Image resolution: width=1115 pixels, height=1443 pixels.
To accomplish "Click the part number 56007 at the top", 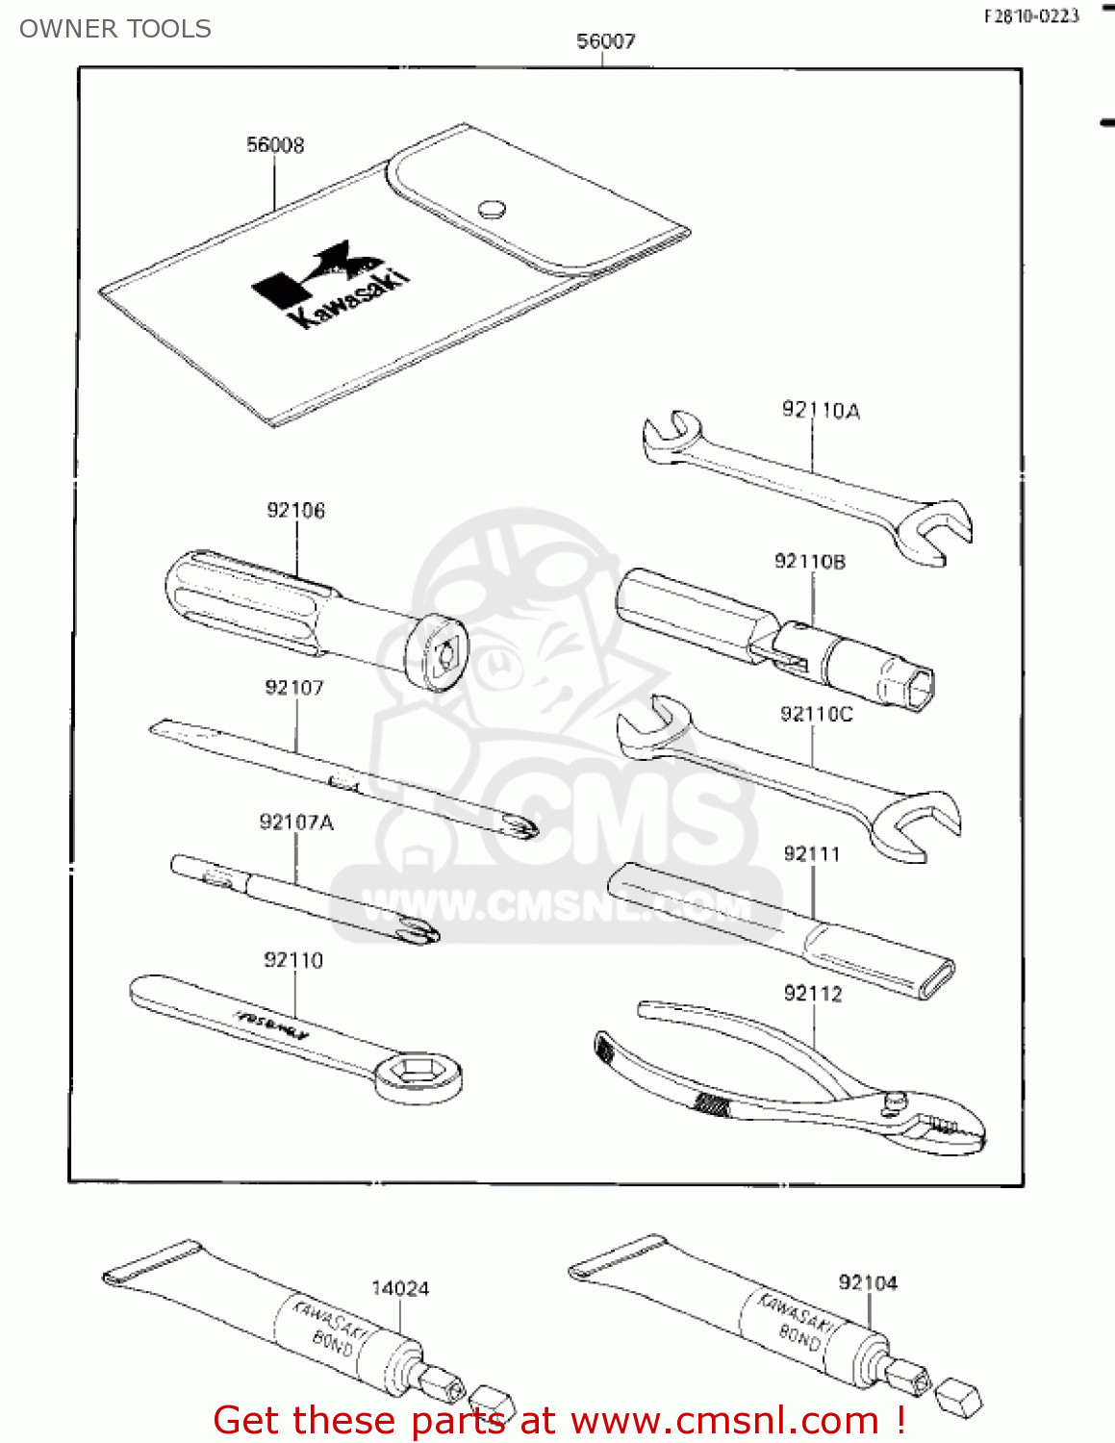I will (x=605, y=41).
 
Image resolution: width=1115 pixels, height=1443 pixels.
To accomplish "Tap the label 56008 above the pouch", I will (x=275, y=145).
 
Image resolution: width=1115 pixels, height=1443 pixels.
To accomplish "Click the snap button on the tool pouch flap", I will (x=493, y=208).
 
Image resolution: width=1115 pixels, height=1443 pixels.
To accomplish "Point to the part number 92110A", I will (x=821, y=411).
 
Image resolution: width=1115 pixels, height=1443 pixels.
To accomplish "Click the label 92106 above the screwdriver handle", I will (x=296, y=511).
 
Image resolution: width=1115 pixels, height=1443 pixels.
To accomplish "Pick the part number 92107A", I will (x=296, y=823).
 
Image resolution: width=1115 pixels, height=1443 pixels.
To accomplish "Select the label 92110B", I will (x=810, y=562).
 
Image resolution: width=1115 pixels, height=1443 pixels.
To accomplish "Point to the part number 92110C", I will (x=816, y=714).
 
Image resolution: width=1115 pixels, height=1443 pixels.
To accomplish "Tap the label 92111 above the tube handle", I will (x=811, y=854).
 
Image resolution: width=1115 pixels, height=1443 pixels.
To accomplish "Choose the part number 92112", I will (x=813, y=994).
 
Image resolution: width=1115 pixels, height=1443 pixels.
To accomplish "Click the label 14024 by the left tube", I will (x=400, y=1289).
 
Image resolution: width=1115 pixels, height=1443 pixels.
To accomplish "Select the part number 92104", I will (x=868, y=1283).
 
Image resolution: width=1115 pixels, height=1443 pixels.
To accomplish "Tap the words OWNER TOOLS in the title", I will (x=115, y=29).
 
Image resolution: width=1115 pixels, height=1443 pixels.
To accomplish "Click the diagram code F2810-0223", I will (x=1031, y=16).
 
